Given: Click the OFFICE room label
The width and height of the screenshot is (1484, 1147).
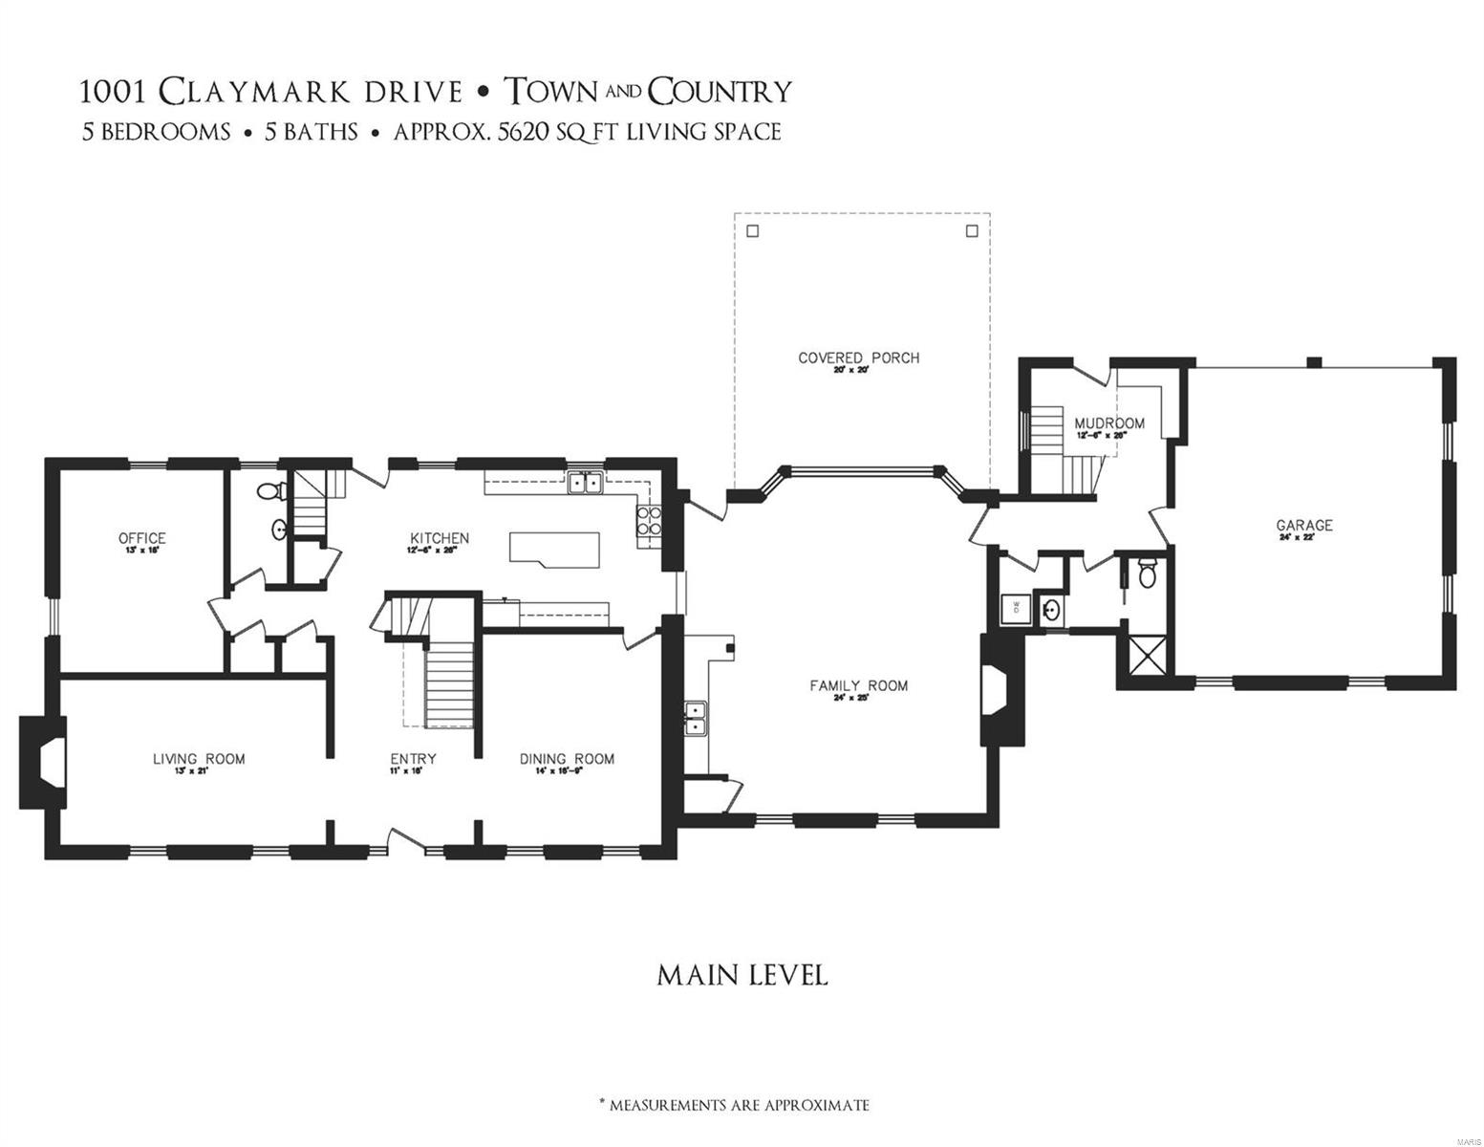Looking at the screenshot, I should click(141, 539).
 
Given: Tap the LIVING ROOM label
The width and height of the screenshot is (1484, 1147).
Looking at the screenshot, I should click(199, 759).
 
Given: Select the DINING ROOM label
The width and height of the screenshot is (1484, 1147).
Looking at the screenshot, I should click(567, 759).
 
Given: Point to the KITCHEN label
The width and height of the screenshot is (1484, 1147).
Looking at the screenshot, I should click(439, 538).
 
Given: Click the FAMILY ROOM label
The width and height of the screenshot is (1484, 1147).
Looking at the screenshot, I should click(858, 685).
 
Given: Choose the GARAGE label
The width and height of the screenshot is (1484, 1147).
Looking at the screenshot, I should click(1304, 525).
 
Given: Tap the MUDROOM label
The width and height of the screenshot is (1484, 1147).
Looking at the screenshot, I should click(1108, 422).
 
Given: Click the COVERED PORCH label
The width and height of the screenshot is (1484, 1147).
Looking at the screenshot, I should click(858, 357).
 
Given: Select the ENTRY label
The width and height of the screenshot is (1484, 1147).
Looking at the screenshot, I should click(413, 759).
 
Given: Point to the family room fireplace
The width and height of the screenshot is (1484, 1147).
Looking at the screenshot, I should click(999, 689).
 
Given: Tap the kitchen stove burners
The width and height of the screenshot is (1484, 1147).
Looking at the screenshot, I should click(649, 522).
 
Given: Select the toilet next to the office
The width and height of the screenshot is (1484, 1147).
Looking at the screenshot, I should click(270, 492).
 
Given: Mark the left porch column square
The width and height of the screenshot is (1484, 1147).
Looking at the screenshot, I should click(752, 230).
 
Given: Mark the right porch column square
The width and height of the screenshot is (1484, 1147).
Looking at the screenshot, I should click(972, 230).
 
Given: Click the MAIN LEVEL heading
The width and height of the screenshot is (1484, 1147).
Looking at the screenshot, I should click(742, 975).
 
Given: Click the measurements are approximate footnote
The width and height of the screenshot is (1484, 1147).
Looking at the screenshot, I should click(734, 1105).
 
